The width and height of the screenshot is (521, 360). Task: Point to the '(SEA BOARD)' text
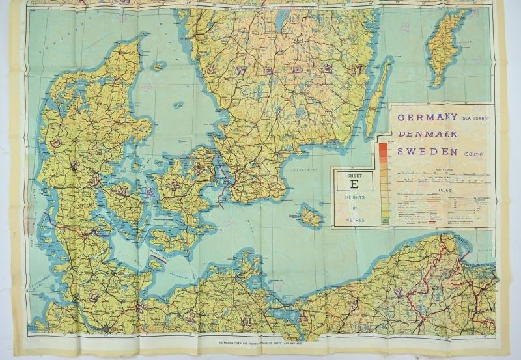[473, 120]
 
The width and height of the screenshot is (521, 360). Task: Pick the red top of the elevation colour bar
[383, 146]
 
